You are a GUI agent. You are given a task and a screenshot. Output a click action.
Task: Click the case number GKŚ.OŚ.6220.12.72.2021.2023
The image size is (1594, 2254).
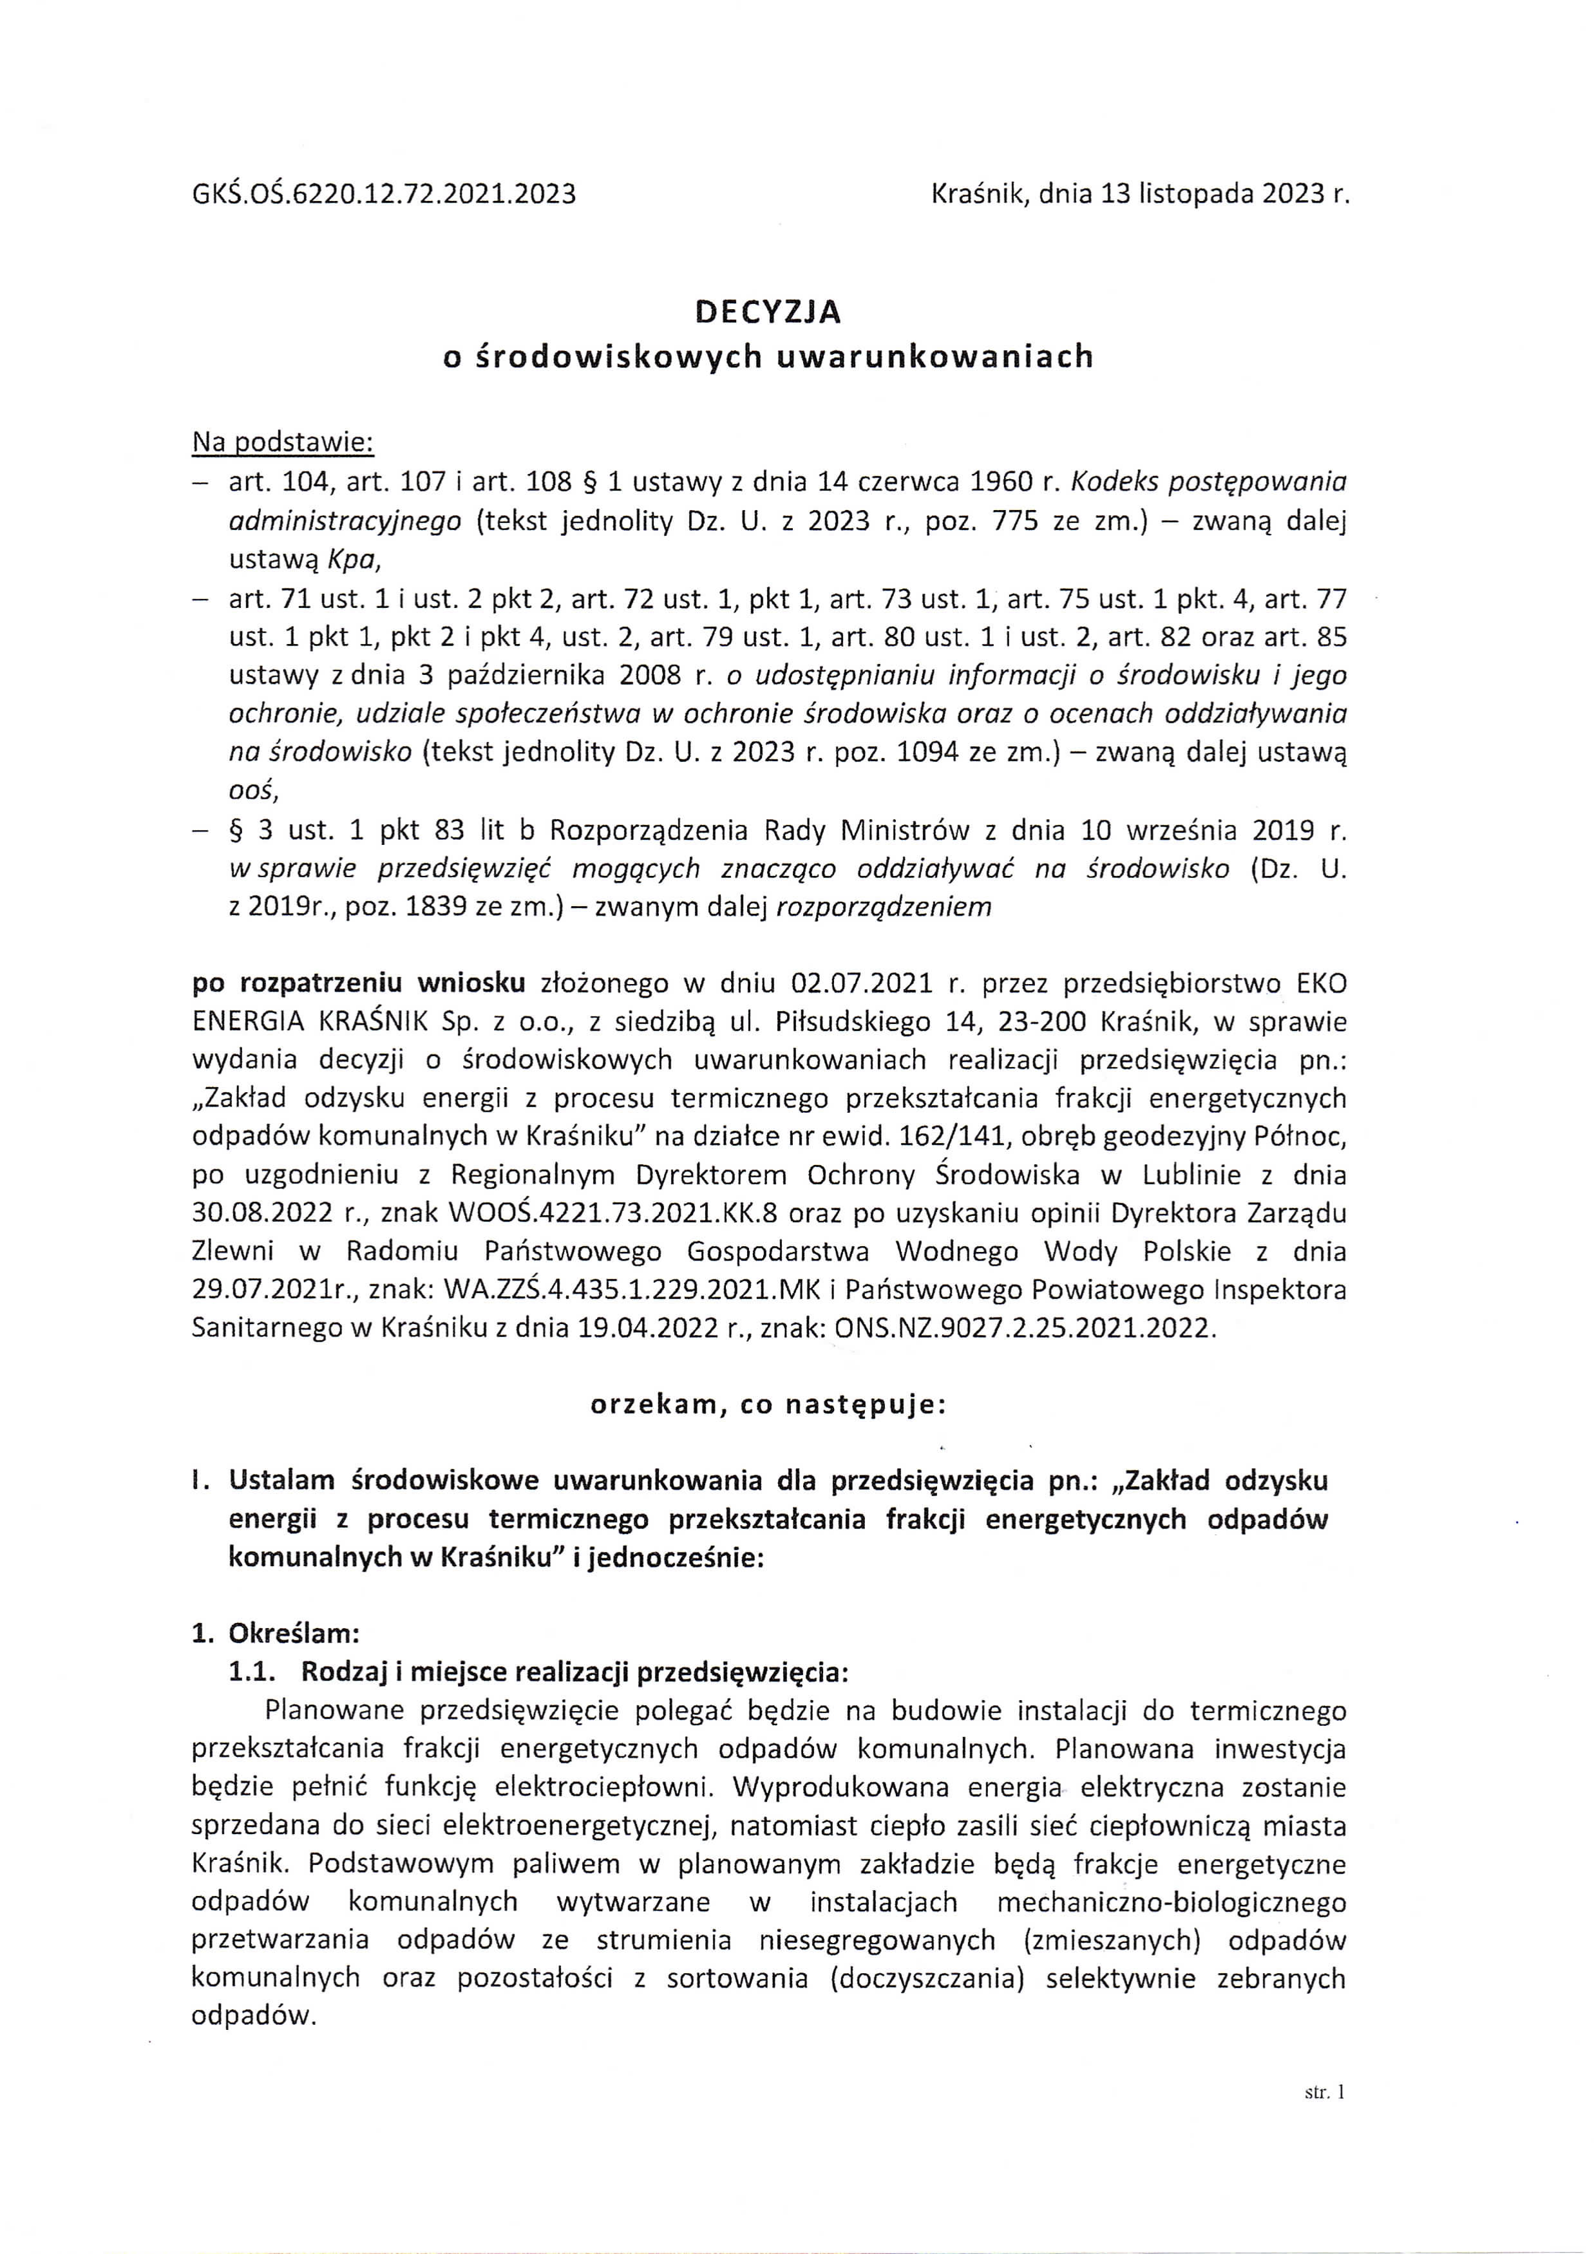[x=384, y=194]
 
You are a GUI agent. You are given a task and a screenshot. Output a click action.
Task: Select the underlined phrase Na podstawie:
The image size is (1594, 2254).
[x=283, y=443]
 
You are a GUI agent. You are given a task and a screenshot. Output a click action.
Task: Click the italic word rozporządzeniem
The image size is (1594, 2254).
[x=884, y=907]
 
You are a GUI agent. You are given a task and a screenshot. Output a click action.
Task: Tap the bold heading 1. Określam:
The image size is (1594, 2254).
[x=276, y=1634]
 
